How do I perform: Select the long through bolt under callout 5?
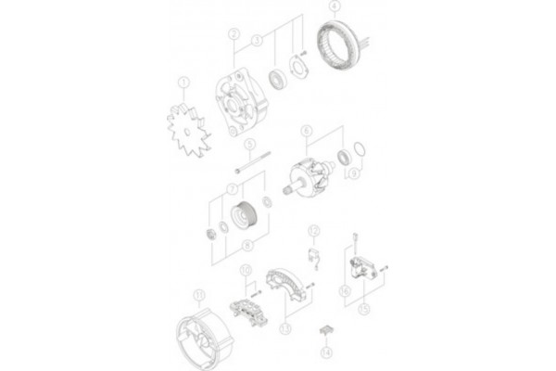[250, 170]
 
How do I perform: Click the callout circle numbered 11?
[197, 296]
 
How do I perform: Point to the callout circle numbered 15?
[363, 307]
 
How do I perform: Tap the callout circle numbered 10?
[246, 271]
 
